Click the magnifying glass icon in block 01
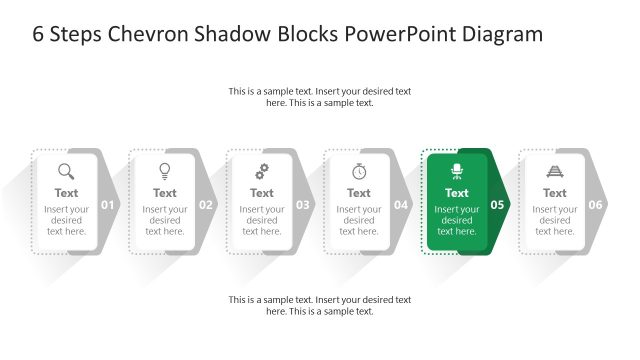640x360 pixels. [x=66, y=171]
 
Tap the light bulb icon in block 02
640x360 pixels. [x=165, y=171]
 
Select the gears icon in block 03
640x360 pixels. [x=262, y=171]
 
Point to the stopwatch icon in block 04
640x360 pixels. [x=359, y=171]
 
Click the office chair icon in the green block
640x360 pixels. [x=457, y=171]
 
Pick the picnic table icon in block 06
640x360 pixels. [x=555, y=171]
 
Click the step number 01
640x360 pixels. [x=109, y=205]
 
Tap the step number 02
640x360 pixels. [x=206, y=205]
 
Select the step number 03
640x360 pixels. [x=303, y=205]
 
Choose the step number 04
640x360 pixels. [x=401, y=205]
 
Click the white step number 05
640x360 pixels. [x=498, y=205]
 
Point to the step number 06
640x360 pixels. [x=596, y=205]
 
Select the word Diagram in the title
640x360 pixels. [x=503, y=34]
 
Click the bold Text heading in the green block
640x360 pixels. [x=457, y=193]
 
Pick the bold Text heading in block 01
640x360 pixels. [x=66, y=193]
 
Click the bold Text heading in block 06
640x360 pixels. [x=555, y=193]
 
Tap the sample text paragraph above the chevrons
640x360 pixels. [x=320, y=97]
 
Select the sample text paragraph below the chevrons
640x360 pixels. [x=320, y=305]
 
